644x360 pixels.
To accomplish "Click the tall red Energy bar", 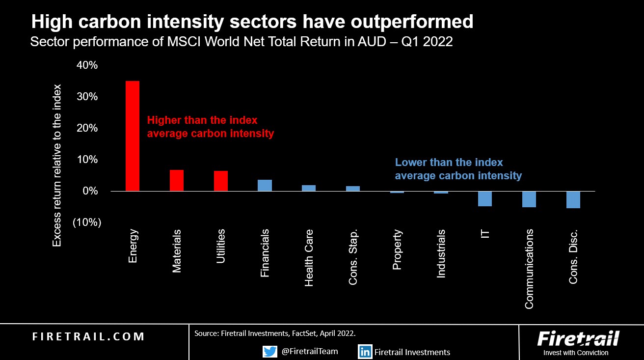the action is (133, 136).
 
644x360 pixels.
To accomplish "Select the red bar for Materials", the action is (177, 180).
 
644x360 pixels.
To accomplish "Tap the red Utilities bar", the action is (221, 181).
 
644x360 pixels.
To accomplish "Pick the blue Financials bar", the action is (265, 185).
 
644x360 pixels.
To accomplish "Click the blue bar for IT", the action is (485, 198).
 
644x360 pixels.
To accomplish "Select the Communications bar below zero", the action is (529, 199).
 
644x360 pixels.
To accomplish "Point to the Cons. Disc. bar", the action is (573, 200).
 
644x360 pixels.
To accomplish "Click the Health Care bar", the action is (309, 188).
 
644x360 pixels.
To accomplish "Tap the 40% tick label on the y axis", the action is (87, 65).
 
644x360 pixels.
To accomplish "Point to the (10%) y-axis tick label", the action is (87, 222).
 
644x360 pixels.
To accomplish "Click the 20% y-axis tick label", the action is (87, 128).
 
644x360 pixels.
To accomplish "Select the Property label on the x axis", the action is (397, 249).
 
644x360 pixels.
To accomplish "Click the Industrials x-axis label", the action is (441, 253).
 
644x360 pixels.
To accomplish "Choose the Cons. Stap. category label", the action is (353, 257).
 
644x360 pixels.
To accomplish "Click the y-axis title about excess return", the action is (57, 166).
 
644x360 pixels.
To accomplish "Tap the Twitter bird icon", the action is (269, 351).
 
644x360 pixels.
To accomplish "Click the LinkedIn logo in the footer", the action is (365, 352).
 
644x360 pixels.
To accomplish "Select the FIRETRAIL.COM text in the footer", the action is (88, 336).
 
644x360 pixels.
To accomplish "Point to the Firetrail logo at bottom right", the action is (578, 343).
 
